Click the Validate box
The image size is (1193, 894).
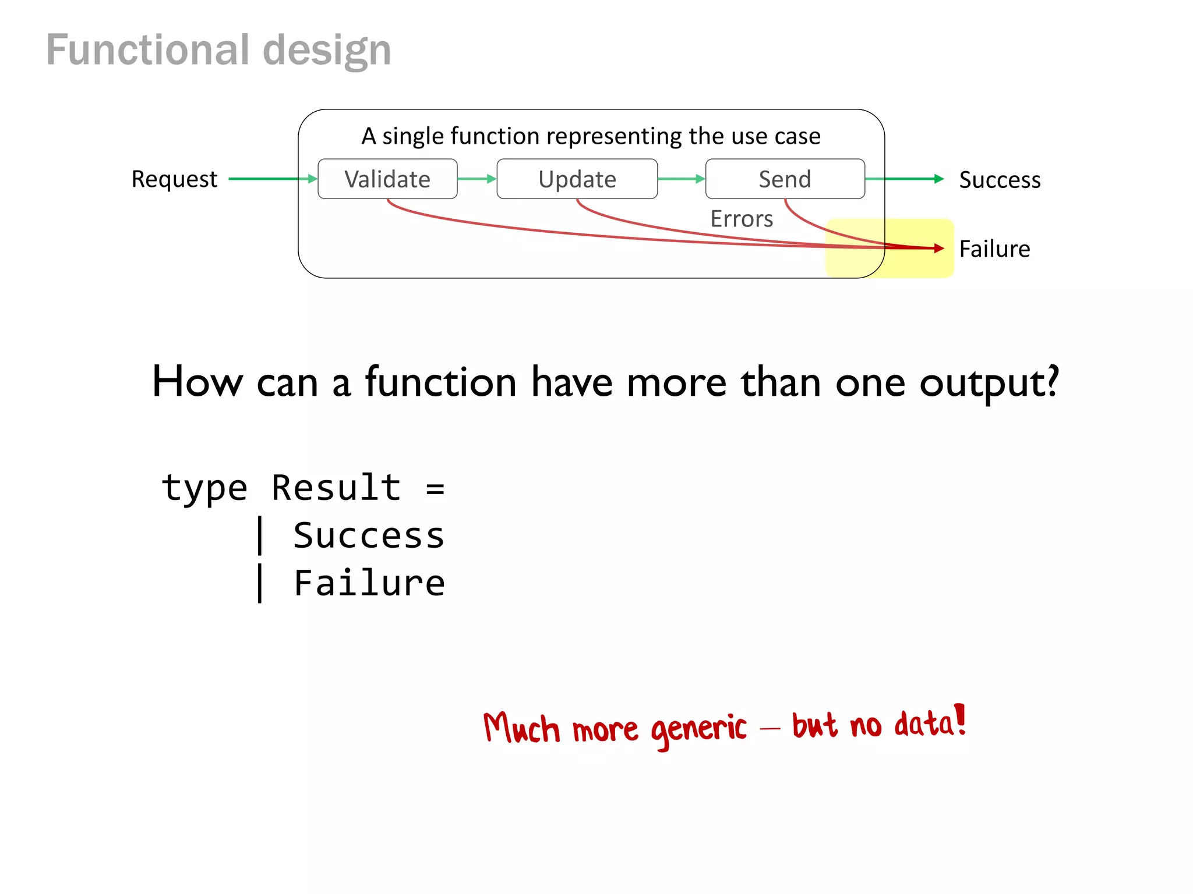[387, 179]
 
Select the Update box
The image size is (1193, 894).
[577, 179]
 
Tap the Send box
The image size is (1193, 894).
[785, 179]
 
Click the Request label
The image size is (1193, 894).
[174, 179]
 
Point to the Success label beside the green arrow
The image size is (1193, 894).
[1000, 180]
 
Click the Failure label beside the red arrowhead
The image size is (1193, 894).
[994, 249]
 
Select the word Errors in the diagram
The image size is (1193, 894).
[742, 219]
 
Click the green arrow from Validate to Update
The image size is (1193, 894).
[477, 179]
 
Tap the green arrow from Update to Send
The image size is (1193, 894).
[682, 179]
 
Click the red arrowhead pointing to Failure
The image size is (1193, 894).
[938, 248]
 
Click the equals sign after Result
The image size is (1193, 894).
[435, 489]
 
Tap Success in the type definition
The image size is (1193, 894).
[369, 535]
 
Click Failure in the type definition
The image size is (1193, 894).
[369, 583]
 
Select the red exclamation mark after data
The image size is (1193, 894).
[961, 719]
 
